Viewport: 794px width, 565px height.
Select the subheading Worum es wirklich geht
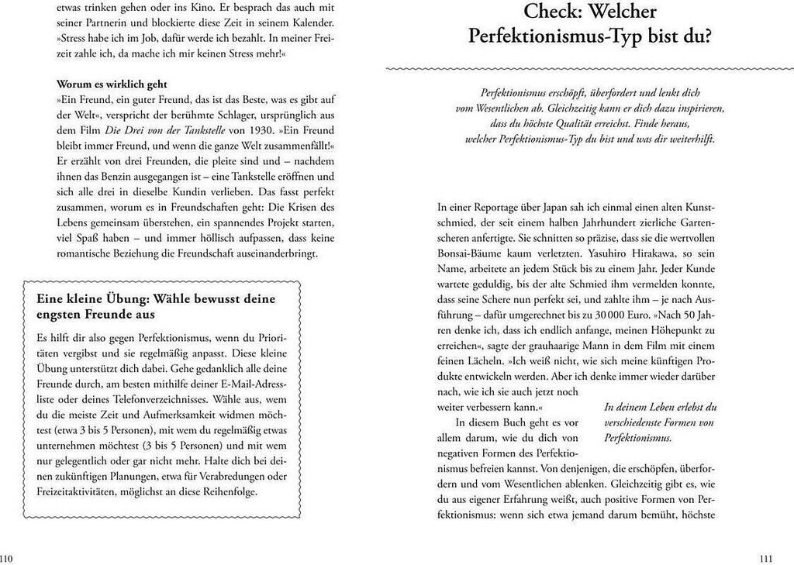point(112,84)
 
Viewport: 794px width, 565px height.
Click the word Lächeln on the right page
point(484,362)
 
